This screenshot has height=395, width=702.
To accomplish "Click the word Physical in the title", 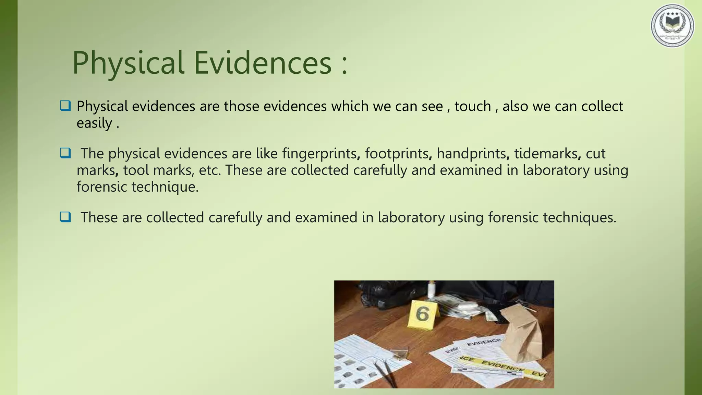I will [128, 63].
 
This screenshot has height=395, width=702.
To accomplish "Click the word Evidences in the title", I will [263, 63].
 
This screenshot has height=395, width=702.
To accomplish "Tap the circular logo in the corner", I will [672, 26].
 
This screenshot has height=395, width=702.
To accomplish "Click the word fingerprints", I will [319, 153].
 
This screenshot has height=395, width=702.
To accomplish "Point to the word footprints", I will [397, 153].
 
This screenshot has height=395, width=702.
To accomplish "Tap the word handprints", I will [471, 153].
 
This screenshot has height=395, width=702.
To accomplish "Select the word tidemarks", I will [546, 153].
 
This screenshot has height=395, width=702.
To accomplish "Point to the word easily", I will [94, 123].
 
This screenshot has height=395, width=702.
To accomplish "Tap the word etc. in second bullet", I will [209, 170].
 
